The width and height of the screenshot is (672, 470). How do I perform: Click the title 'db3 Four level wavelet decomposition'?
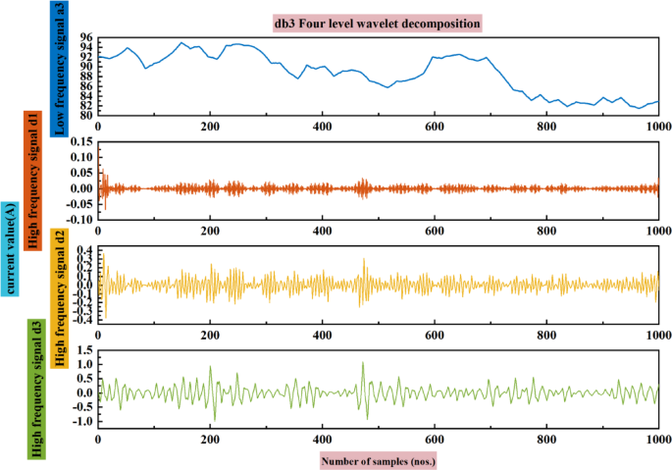378,22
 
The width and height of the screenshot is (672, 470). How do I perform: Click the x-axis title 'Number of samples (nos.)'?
378,459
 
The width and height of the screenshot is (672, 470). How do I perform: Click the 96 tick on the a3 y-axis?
86,36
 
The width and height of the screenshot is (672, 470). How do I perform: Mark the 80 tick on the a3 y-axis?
86,116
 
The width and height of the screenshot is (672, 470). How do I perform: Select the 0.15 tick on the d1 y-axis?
81,142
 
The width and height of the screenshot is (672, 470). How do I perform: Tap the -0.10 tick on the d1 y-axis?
79,219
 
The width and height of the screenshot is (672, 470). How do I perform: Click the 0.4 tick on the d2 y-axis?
85,251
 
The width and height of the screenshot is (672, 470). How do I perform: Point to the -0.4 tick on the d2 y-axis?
83,320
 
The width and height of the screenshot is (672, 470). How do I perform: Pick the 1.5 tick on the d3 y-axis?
85,349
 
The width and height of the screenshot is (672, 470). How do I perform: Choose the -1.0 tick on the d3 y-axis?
83,422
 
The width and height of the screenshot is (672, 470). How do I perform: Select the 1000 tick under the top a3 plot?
656,128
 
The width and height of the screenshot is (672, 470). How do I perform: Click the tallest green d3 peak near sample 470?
362,363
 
